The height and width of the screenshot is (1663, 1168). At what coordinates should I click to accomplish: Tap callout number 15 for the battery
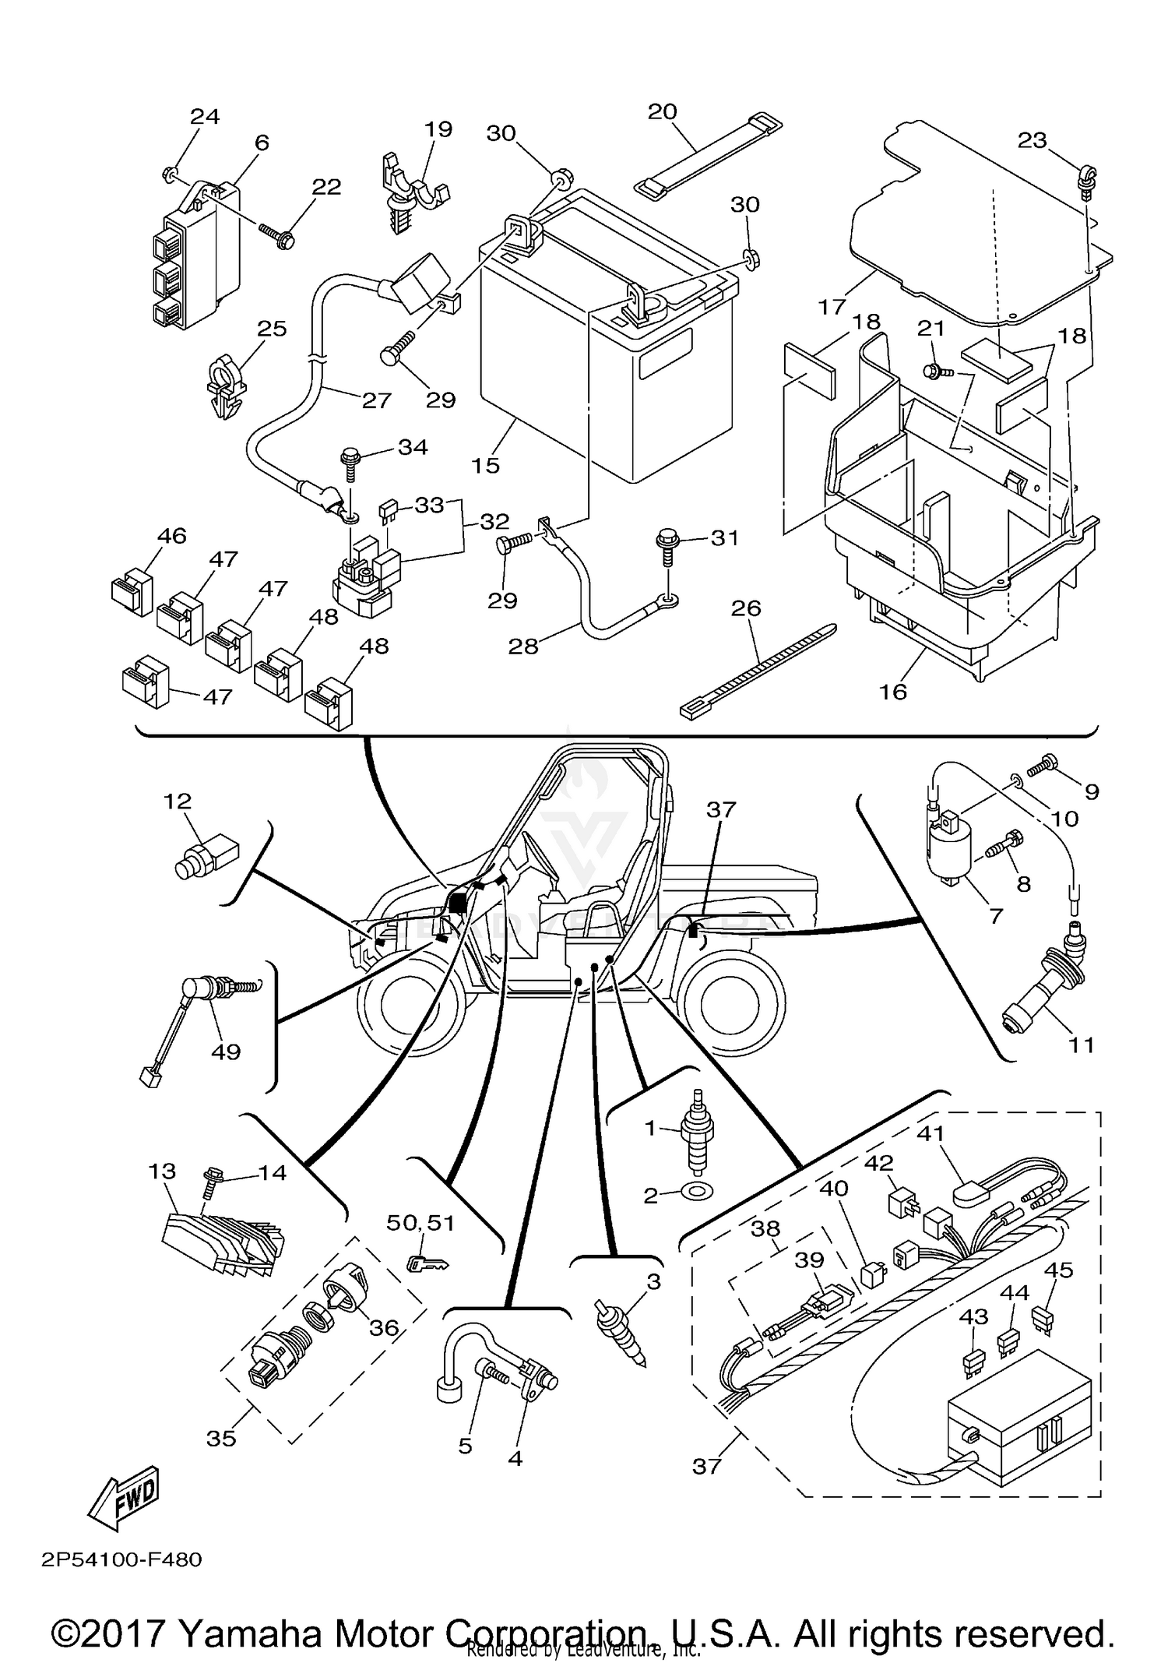[x=485, y=465]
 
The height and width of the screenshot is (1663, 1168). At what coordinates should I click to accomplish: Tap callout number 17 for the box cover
[x=832, y=306]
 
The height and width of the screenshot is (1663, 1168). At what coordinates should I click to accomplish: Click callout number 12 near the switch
[x=178, y=801]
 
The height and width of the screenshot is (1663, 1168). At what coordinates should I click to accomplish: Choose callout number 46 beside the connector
[x=171, y=536]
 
